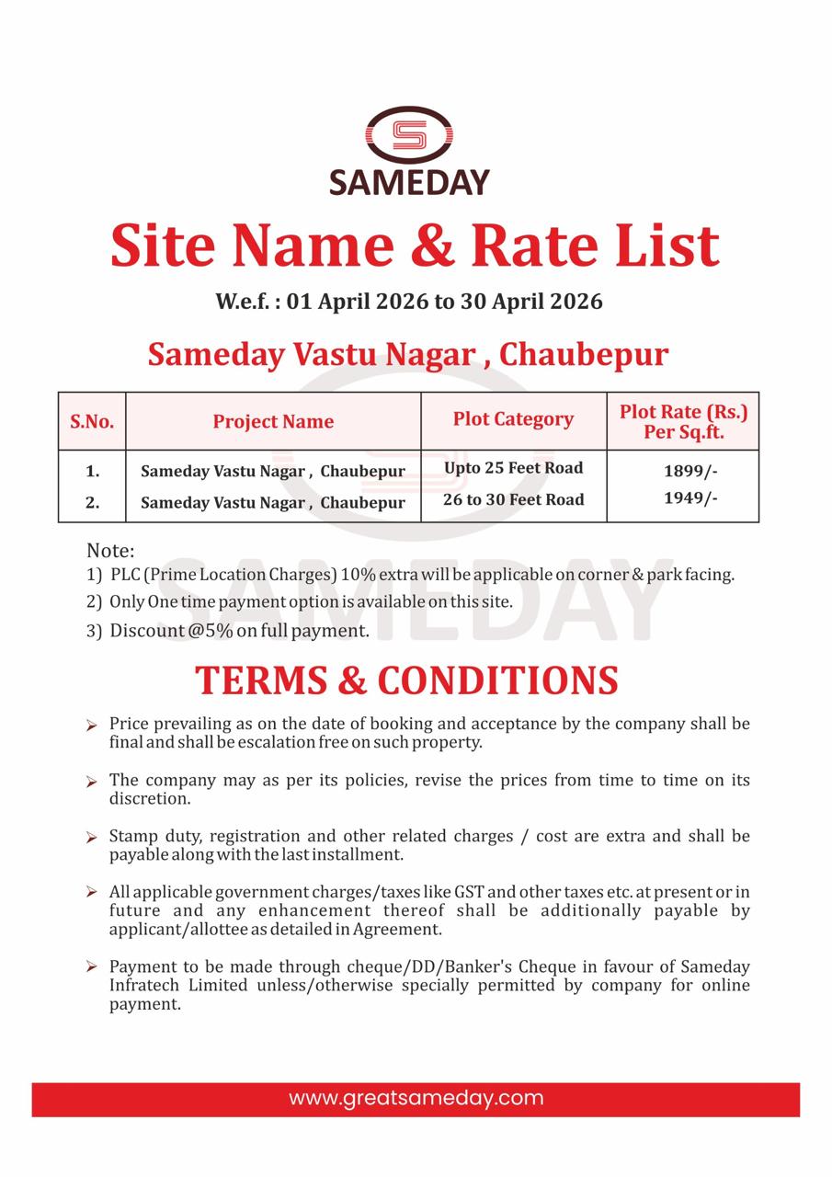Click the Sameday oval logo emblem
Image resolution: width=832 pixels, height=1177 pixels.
click(409, 136)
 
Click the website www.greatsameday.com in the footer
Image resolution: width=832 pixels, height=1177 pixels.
click(416, 1098)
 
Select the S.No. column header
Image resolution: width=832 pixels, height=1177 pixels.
click(92, 422)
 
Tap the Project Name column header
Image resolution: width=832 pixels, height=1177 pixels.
click(273, 422)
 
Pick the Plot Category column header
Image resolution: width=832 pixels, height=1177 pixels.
click(513, 419)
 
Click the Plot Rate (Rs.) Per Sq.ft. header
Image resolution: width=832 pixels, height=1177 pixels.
click(683, 421)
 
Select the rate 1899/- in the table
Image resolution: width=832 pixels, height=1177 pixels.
click(690, 471)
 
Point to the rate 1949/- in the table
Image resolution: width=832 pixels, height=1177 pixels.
click(690, 498)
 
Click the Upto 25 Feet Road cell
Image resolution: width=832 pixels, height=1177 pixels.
click(513, 468)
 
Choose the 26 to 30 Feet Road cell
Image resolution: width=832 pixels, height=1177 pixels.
click(513, 499)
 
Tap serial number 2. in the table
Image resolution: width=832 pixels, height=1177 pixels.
click(92, 502)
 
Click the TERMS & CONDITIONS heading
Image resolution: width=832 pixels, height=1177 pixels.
click(406, 680)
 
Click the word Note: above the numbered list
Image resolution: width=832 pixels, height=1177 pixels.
click(110, 551)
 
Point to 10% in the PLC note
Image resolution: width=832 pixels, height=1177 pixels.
click(358, 575)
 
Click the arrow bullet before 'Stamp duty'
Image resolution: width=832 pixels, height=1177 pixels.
click(92, 838)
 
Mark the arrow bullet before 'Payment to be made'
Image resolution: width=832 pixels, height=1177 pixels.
click(92, 967)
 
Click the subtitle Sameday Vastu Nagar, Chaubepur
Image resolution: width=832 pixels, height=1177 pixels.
click(408, 354)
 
